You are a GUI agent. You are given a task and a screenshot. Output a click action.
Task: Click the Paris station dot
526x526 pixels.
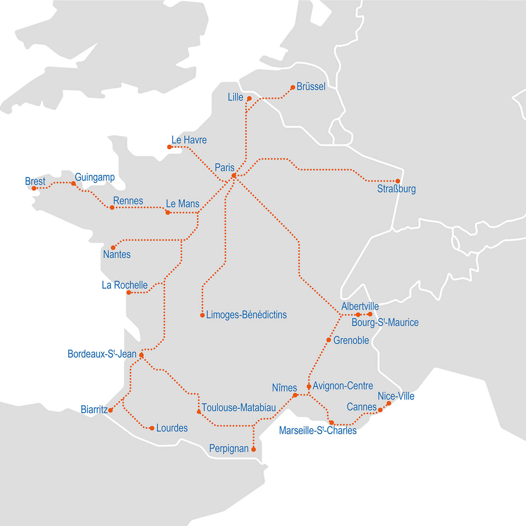pyautogui.click(x=234, y=176)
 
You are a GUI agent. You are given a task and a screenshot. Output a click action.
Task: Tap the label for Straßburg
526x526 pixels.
pyautogui.click(x=396, y=189)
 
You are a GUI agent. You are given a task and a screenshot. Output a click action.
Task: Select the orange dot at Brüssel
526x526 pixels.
pyautogui.click(x=293, y=87)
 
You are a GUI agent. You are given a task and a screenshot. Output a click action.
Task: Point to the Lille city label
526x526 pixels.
pyautogui.click(x=235, y=97)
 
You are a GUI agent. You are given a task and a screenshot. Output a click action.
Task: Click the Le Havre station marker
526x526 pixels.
pyautogui.click(x=170, y=147)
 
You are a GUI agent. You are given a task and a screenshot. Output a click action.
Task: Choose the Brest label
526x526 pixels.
pyautogui.click(x=35, y=181)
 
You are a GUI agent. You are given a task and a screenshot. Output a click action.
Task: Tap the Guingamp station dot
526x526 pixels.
pyautogui.click(x=73, y=183)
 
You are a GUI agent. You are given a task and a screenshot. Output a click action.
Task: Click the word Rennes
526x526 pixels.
pyautogui.click(x=128, y=201)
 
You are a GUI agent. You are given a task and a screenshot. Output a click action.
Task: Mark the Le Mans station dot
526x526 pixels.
pyautogui.click(x=168, y=213)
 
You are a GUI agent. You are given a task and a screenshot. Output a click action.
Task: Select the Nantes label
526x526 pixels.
pyautogui.click(x=117, y=254)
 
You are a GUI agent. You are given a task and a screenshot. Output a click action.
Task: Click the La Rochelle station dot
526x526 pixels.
pyautogui.click(x=129, y=292)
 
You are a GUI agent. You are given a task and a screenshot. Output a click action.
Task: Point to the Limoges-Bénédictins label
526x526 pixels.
pyautogui.click(x=246, y=315)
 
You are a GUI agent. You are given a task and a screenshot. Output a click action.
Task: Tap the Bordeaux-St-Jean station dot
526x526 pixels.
pyautogui.click(x=141, y=355)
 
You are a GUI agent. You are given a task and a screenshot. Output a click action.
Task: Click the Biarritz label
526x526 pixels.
pyautogui.click(x=94, y=409)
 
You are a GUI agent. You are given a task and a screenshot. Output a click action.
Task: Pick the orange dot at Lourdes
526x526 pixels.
pyautogui.click(x=152, y=428)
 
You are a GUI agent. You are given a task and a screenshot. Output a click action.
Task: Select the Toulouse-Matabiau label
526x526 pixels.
pyautogui.click(x=238, y=408)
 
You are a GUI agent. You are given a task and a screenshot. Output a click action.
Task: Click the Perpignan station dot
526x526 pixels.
pyautogui.click(x=253, y=450)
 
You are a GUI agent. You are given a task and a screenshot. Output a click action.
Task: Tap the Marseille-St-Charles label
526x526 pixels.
pyautogui.click(x=317, y=430)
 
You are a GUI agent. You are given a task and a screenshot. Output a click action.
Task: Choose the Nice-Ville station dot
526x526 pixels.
pyautogui.click(x=389, y=403)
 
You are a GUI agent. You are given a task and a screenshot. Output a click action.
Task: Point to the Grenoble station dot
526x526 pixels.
pyautogui.click(x=329, y=340)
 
